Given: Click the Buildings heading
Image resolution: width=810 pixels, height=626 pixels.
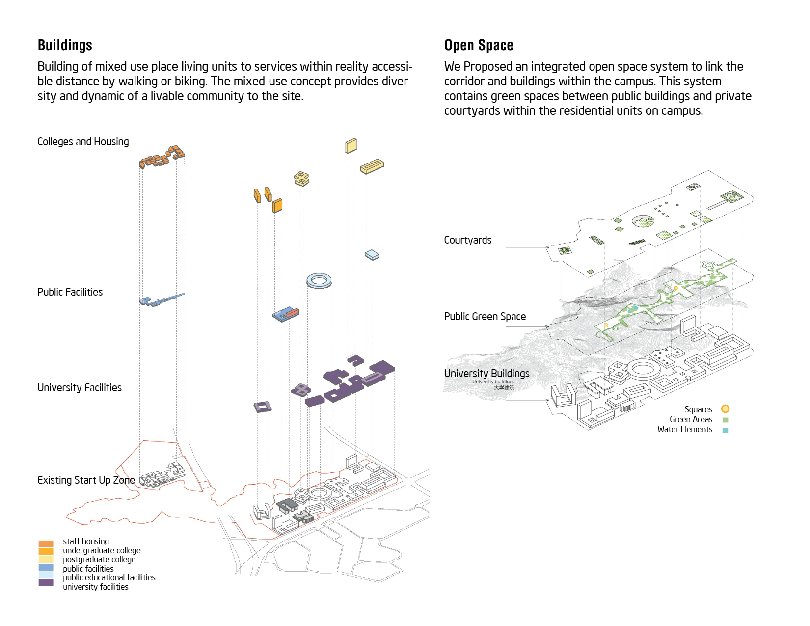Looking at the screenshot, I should click(x=65, y=45).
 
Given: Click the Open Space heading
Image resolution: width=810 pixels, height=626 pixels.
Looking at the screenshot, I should click(x=478, y=45).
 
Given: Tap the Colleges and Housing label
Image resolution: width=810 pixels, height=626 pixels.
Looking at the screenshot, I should click(x=83, y=142).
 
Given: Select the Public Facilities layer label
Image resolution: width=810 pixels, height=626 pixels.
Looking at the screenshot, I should click(x=70, y=292).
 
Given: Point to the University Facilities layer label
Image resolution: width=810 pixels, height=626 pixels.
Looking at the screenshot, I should click(x=79, y=388).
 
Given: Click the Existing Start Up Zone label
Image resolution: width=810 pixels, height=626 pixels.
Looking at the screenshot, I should click(x=86, y=480).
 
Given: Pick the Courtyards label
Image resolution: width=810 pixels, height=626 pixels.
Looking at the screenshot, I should click(x=467, y=240).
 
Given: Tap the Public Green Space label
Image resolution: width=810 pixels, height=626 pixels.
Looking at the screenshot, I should click(x=485, y=317).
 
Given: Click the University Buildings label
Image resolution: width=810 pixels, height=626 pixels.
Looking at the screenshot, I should click(x=486, y=374).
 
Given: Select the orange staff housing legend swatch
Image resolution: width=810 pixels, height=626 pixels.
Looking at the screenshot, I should click(x=46, y=544).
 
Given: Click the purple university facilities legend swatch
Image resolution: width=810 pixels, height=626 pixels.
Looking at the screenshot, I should click(x=46, y=583).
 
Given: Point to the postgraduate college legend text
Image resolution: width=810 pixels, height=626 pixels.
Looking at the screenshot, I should click(x=99, y=560).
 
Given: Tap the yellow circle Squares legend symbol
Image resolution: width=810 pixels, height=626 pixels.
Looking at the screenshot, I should click(x=725, y=409).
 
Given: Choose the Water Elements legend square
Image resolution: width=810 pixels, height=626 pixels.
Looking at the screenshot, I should click(x=725, y=430).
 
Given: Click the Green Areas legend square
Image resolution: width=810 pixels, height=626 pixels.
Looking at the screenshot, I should click(x=725, y=420).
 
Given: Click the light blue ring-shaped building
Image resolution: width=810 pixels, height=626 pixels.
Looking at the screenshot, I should click(x=319, y=281).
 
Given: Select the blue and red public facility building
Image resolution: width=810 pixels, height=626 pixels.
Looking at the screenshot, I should click(x=286, y=314).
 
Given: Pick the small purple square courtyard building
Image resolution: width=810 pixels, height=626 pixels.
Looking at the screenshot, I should click(x=262, y=407).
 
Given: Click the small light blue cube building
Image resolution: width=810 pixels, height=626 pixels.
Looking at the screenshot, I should click(x=372, y=255).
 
